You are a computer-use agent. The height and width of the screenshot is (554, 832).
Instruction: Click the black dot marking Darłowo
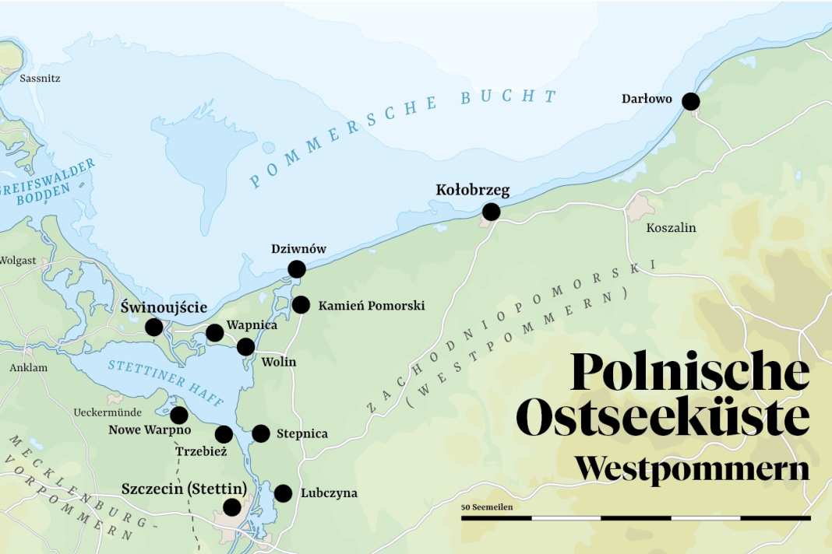690,101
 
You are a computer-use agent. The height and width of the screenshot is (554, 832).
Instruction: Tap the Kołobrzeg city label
472,190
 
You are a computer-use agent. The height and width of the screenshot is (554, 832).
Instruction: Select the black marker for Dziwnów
297,269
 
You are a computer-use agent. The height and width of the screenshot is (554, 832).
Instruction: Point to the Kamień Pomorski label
371,306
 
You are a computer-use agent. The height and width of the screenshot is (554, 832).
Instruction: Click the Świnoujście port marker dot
154,327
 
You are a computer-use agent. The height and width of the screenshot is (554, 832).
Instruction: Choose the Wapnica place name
251,325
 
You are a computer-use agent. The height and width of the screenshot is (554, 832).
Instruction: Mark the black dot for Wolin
245,347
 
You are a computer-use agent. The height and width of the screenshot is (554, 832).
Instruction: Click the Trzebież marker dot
224,434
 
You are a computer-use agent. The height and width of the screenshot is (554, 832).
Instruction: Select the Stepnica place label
301,434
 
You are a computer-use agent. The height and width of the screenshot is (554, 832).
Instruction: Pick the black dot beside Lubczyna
283,493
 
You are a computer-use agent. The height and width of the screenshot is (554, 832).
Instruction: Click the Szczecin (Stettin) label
184,489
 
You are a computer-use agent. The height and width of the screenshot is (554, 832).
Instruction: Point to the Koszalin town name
671,228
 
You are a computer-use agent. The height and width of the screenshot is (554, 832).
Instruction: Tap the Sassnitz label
40,79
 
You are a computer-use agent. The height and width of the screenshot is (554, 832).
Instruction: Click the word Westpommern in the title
692,469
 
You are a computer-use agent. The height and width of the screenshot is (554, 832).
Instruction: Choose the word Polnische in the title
689,372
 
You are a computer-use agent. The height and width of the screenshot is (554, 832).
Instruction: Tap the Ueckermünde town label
107,412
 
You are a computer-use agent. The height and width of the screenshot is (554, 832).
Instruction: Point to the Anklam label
28,367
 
